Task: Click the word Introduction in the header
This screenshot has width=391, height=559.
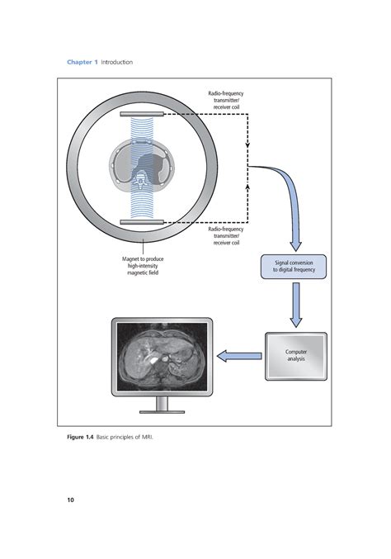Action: coord(116,62)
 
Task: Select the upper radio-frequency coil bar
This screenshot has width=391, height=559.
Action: coord(143,115)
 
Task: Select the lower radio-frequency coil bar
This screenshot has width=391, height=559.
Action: coord(143,222)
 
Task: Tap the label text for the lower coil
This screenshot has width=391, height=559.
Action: coord(225,237)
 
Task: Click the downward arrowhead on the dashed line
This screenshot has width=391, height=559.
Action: coord(247,145)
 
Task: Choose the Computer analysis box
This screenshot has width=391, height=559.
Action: coord(296,355)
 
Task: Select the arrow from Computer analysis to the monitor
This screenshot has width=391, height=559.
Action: coord(238,356)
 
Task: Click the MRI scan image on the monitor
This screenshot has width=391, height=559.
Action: coord(161,355)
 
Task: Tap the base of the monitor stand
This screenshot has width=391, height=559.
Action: coord(161,410)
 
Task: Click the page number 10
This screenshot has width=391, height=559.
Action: coord(70,500)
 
